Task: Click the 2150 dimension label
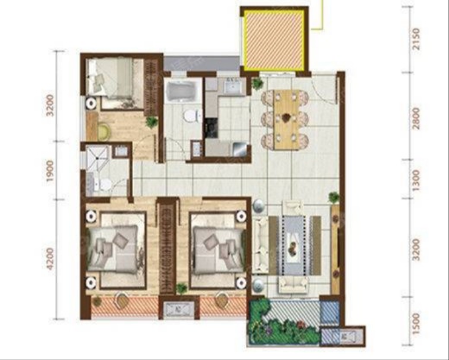[x=416, y=39]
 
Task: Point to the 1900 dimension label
[x=50, y=171]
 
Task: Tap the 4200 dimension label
[x=50, y=259]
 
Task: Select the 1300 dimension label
[x=416, y=180]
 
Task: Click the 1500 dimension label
[x=416, y=324]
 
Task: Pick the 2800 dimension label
[x=416, y=118]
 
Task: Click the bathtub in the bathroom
[x=181, y=92]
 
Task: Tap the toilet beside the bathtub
[x=193, y=116]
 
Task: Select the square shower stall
[x=98, y=157]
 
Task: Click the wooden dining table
[x=286, y=120]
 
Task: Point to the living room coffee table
[x=294, y=247]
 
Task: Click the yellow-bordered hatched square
[x=273, y=39]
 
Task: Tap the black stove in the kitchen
[x=212, y=128]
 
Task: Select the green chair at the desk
[x=104, y=130]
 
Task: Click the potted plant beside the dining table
[x=256, y=84]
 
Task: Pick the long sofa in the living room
[x=261, y=244]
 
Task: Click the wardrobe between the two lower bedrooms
[x=166, y=247]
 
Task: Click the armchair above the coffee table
[x=293, y=207]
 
